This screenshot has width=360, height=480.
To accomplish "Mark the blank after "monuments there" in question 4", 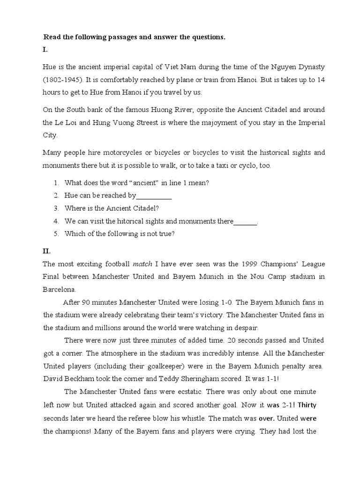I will pyautogui.click(x=246, y=222).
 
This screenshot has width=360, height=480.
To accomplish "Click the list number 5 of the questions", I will pyautogui.click(x=56, y=234).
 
